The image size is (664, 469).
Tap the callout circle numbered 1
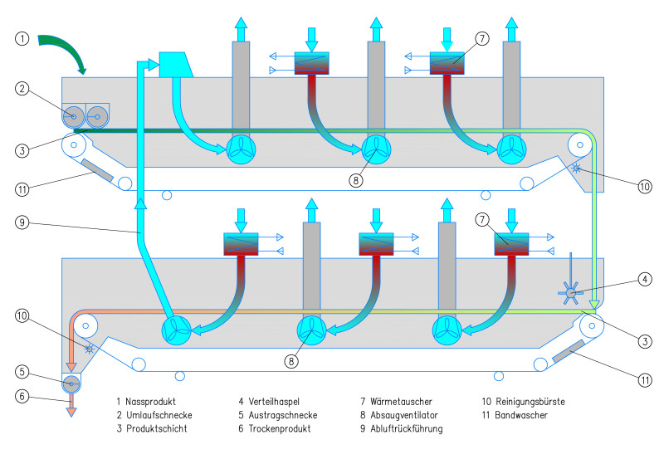click(22, 38)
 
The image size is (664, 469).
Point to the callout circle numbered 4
click(645, 279)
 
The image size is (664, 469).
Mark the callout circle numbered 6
click(22, 396)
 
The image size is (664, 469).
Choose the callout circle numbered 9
click(22, 222)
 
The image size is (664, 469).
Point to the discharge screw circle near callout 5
click(71, 383)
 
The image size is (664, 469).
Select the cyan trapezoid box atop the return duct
click(174, 65)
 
